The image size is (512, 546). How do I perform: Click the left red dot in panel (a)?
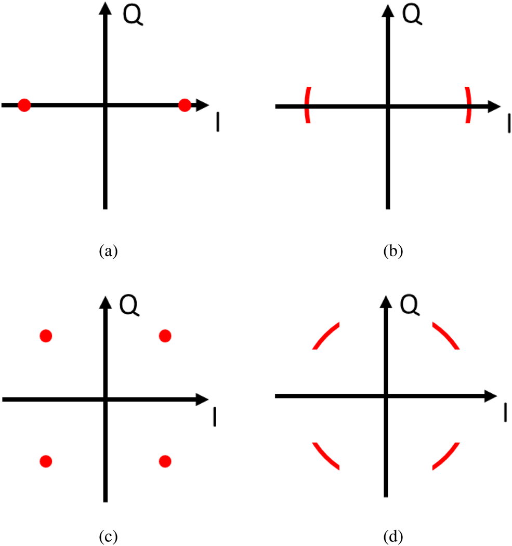(24, 105)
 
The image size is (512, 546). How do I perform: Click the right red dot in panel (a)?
(185, 105)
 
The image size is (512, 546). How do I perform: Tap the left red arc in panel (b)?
(307, 105)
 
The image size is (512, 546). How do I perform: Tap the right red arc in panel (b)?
(468, 105)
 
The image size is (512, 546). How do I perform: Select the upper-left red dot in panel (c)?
(46, 336)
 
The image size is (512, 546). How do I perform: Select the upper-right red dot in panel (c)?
(165, 336)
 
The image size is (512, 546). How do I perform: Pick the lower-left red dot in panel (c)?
(46, 460)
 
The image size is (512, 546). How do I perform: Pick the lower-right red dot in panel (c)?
(165, 460)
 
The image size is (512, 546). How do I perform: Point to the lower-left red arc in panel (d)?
(325, 456)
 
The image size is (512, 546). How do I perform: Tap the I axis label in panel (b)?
(509, 123)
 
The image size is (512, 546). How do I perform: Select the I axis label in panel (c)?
(215, 417)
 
